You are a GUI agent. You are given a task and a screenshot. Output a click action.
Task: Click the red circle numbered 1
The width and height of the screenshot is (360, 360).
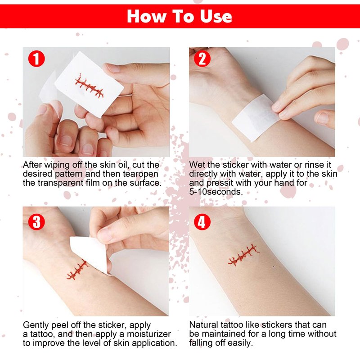coord(36,59)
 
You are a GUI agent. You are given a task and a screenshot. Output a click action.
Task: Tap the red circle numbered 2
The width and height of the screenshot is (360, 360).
coord(202,59)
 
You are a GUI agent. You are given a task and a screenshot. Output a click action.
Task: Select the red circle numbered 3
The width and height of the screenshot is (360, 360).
coord(36,222)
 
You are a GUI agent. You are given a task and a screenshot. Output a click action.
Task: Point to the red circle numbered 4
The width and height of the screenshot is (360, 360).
coord(202,222)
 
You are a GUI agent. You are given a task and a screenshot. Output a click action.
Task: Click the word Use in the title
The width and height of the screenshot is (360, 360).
coord(216,17)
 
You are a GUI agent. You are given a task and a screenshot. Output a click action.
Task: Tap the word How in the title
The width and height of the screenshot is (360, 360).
coord(147,17)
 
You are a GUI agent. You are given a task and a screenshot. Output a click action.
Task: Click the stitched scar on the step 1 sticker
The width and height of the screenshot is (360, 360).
coord(89,86)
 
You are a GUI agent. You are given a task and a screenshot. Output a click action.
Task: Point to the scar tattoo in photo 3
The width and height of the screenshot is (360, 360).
coord(77,270)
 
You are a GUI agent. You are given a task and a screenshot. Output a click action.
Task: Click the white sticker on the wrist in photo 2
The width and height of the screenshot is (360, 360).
coord(256,117)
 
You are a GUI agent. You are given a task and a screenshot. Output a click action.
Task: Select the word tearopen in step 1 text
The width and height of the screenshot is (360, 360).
coord(140,174)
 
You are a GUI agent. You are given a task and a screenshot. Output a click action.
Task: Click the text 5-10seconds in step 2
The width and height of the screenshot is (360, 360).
coord(216,192)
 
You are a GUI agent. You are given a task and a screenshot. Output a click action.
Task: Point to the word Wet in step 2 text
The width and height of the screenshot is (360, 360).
coord(197,165)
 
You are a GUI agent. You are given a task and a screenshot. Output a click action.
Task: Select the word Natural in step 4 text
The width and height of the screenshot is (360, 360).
coord(204,325)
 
